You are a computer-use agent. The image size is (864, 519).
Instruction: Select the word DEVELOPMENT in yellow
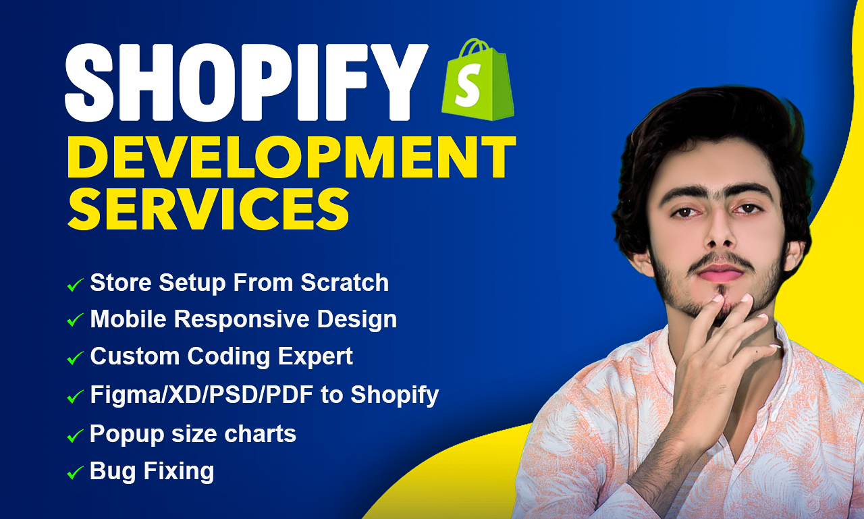coord(290,157)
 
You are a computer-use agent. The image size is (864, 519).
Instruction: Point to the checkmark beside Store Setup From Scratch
coord(75,285)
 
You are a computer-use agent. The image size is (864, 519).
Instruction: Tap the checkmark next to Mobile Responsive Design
coord(75,321)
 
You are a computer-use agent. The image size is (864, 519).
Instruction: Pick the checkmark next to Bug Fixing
coord(75,473)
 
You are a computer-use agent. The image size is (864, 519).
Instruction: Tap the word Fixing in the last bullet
coord(181,470)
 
